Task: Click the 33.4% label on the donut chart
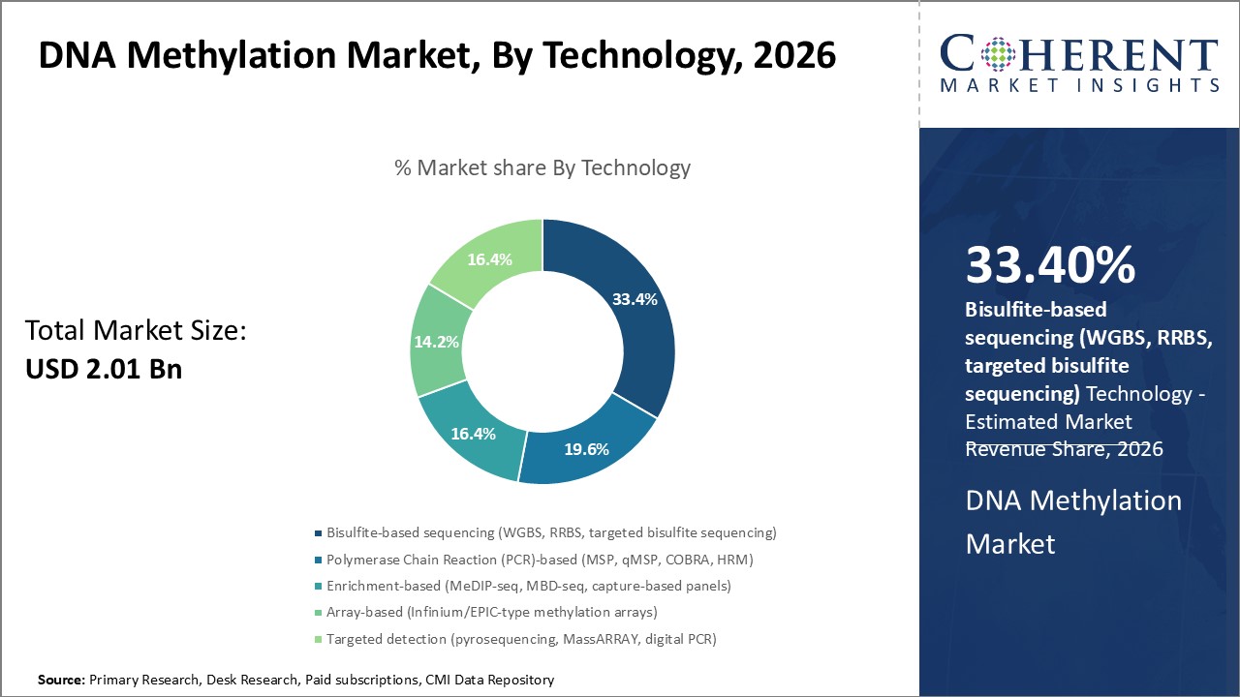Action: [x=635, y=299]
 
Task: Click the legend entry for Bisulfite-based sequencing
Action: [x=551, y=532]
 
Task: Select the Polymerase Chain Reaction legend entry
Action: [x=540, y=559]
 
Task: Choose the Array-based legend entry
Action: [x=491, y=612]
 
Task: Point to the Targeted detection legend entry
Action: [x=521, y=638]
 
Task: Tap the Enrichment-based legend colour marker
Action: [x=319, y=586]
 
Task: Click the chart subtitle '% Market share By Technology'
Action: [x=542, y=167]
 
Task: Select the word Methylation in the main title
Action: [x=210, y=55]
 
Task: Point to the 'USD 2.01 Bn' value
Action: [x=104, y=369]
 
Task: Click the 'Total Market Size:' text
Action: [x=137, y=331]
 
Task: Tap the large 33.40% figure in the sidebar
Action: [x=1050, y=265]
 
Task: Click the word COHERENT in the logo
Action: [x=1079, y=56]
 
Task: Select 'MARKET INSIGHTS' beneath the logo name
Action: [x=1079, y=86]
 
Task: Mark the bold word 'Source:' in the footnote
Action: [x=61, y=681]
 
